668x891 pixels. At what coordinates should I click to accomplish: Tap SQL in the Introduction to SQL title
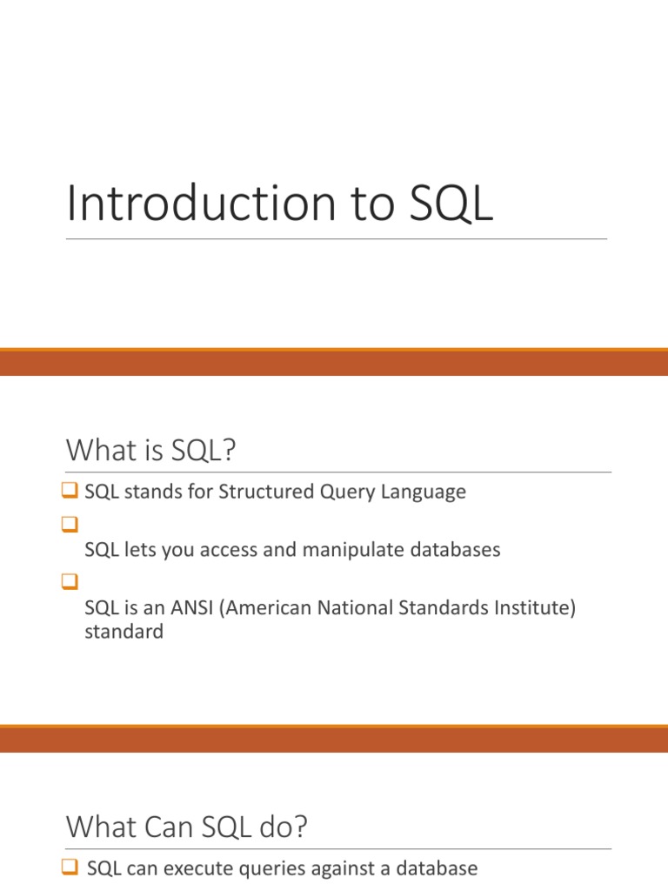[451, 204]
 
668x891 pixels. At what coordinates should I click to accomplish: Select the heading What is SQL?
[150, 450]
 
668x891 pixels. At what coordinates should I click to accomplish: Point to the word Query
[347, 492]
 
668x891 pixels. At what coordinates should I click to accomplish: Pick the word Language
[424, 492]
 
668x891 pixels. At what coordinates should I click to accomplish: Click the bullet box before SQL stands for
[70, 490]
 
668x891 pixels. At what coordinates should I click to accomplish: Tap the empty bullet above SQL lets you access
[70, 524]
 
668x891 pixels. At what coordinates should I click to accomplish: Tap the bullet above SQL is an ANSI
[70, 581]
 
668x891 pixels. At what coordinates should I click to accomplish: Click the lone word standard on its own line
[124, 632]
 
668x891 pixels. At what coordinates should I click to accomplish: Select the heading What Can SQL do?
[186, 827]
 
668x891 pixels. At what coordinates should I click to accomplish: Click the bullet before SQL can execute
[70, 867]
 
